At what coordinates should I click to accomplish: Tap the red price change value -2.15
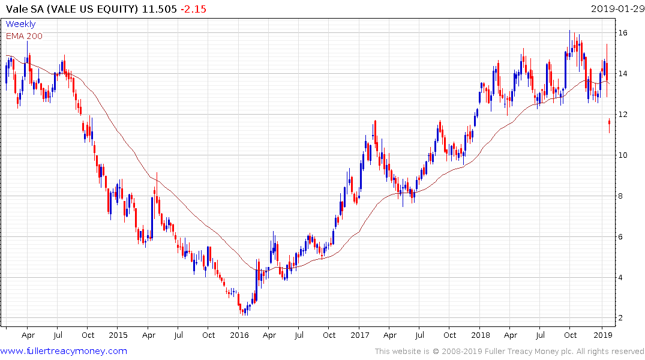193,10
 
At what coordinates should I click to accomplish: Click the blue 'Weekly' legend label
20,24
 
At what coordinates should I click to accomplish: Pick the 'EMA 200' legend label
24,36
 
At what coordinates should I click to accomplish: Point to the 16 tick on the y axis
625,32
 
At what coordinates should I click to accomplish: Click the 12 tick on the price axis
625,114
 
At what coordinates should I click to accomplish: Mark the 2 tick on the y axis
624,318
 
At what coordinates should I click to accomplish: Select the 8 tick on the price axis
624,196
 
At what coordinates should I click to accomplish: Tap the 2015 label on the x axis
118,335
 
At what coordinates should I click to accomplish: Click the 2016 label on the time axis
239,335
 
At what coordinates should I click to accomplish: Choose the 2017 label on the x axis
359,335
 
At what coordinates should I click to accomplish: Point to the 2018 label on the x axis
481,335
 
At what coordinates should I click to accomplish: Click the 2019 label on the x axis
602,335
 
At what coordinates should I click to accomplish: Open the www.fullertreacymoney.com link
64,351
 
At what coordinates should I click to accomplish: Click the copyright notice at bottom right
509,352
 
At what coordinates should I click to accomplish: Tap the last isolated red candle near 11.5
610,124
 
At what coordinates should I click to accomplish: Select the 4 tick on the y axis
624,277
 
